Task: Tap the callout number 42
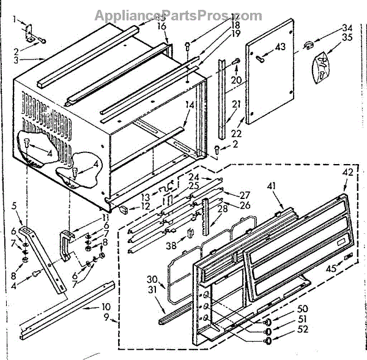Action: pyautogui.click(x=347, y=172)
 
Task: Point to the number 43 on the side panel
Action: pyautogui.click(x=281, y=48)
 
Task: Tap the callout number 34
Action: pyautogui.click(x=347, y=28)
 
